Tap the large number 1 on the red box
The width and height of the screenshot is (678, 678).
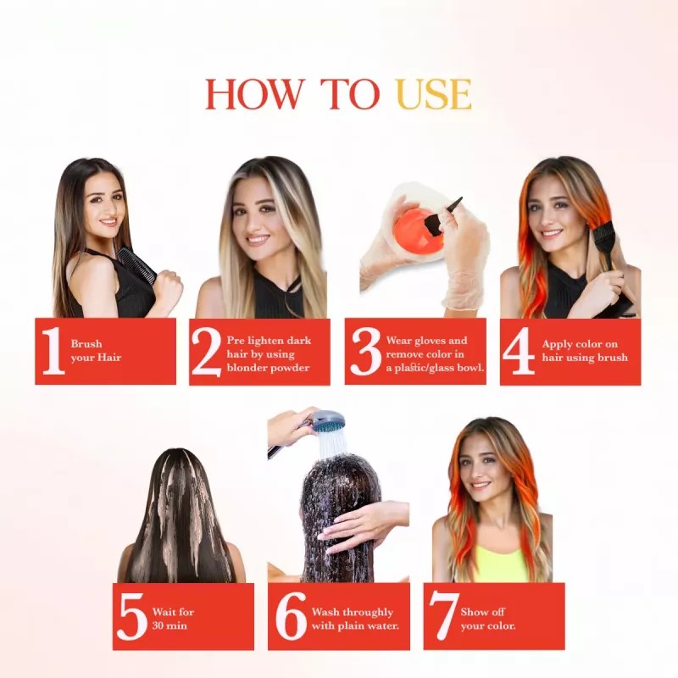click(53, 351)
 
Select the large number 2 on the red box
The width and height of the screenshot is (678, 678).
click(206, 351)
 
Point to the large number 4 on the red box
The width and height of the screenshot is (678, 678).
click(518, 352)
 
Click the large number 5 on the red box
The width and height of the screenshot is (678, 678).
click(131, 617)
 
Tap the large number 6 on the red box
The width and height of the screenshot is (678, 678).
click(290, 617)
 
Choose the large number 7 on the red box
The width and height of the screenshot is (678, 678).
click(443, 617)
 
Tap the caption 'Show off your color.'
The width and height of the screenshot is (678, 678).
click(488, 619)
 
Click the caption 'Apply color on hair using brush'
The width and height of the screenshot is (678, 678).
click(585, 351)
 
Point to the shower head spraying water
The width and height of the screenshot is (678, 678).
click(327, 421)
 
